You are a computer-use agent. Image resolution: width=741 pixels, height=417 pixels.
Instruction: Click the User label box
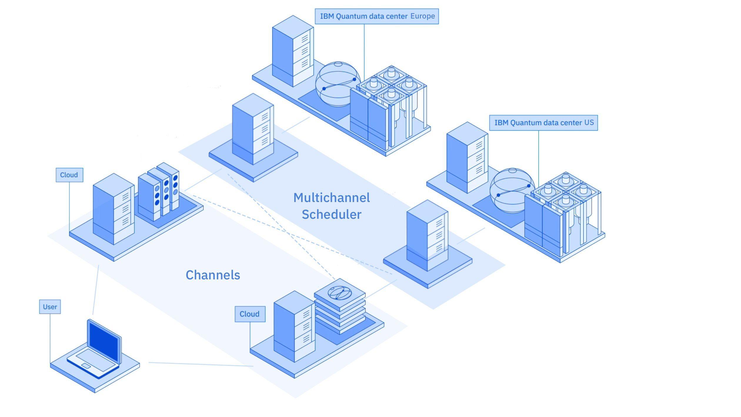pos(50,307)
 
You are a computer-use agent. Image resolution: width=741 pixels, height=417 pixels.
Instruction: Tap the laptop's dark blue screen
pos(103,342)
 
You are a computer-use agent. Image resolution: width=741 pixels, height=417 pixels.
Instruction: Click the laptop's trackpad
pos(86,366)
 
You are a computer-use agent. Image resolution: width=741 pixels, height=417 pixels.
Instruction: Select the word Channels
pos(213,275)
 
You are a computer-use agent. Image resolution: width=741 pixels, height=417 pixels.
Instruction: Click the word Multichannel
pos(331,198)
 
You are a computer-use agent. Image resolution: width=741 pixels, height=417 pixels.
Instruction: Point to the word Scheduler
pos(331,214)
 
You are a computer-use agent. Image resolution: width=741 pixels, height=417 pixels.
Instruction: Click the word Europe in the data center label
pos(423,16)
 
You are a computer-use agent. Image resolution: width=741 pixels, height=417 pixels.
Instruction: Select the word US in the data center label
pos(589,123)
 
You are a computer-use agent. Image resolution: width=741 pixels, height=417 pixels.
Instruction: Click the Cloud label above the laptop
pos(69,175)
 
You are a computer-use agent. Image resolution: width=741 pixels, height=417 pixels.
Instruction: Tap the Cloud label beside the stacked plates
pos(250,314)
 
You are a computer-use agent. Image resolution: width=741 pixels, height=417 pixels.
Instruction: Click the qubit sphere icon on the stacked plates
pos(340,293)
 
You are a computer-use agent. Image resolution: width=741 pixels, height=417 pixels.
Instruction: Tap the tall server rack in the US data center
pos(467,158)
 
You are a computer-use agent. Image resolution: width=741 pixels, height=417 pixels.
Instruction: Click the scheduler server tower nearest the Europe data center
pos(253,129)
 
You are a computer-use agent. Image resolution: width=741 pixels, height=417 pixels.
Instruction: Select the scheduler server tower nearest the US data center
pos(427,235)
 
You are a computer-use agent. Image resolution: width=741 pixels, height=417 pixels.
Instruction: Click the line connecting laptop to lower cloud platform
pos(200,364)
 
